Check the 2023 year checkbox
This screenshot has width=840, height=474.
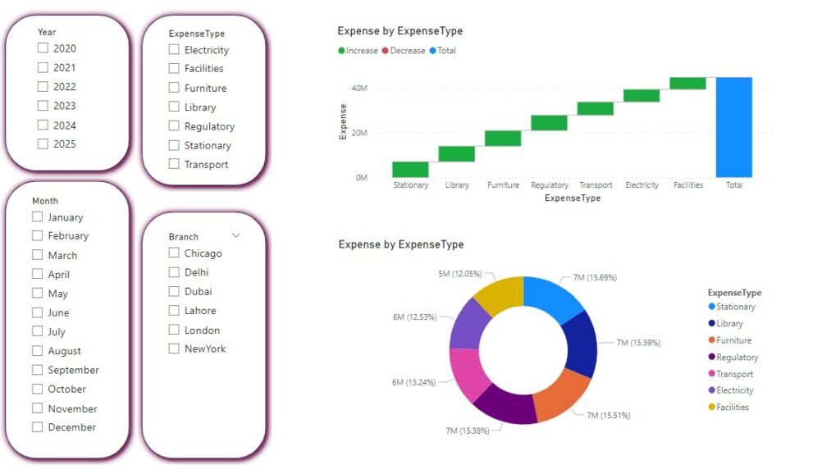pos(43,106)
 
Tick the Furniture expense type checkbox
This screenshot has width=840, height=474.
pos(174,87)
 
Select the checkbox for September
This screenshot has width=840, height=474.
pos(38,370)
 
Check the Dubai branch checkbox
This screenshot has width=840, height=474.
pos(174,291)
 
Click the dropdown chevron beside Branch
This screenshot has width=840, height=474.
pos(235,235)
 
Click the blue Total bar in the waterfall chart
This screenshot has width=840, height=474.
pos(734,127)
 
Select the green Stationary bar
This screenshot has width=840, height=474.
pos(410,169)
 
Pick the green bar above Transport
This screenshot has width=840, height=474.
pos(596,108)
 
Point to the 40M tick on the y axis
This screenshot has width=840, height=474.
pos(359,88)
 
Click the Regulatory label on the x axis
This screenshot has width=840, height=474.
pos(550,185)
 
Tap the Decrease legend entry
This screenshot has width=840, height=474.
pos(404,50)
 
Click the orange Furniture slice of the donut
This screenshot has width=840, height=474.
pos(561,395)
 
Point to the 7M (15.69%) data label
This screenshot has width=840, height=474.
pos(595,277)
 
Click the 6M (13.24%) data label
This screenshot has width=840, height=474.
pos(413,382)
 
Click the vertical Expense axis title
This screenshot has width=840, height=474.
pos(343,121)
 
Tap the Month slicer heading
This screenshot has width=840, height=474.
pos(45,201)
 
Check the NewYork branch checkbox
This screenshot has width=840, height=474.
pos(174,349)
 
